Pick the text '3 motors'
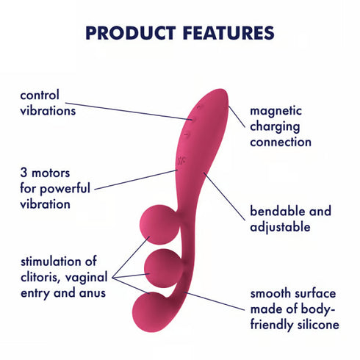pyautogui.click(x=45, y=174)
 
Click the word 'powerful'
pyautogui.click(x=66, y=189)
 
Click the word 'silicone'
pyautogui.click(x=315, y=325)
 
